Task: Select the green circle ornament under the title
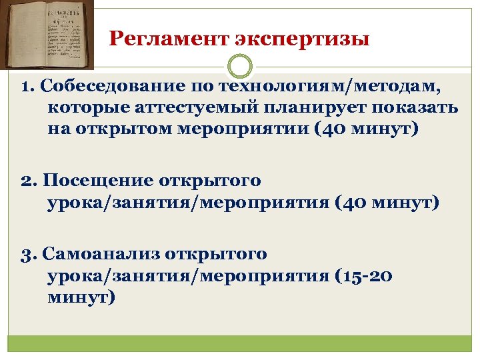click(x=239, y=67)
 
